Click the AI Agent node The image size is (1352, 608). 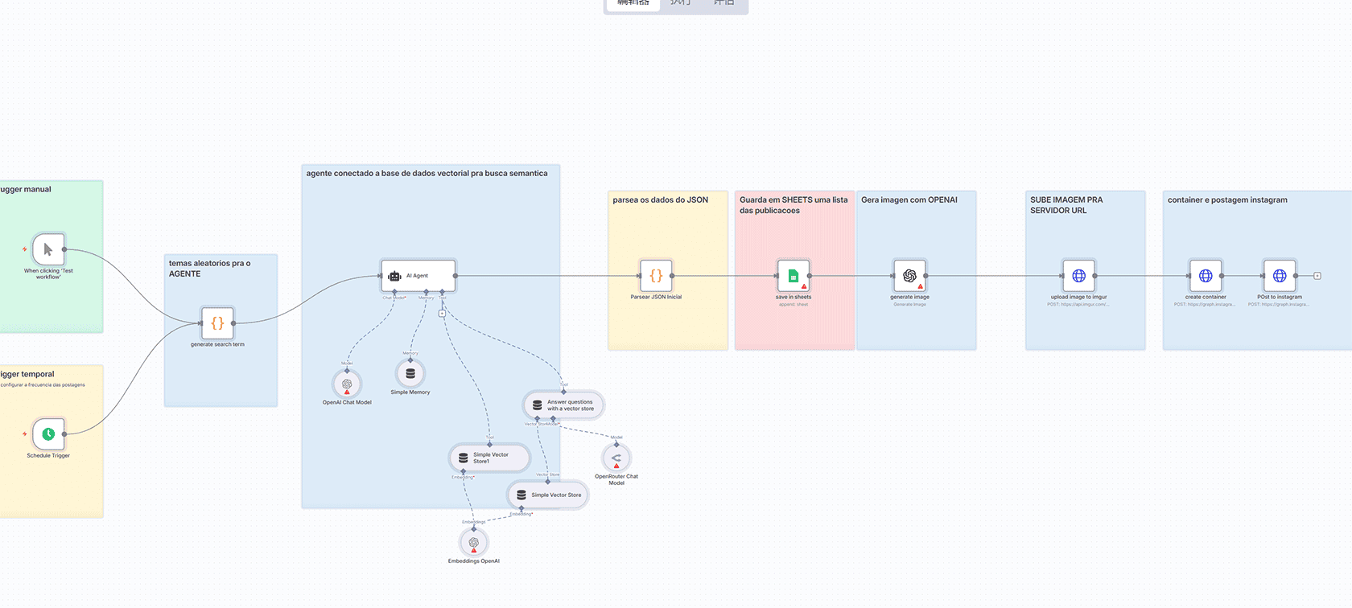[x=418, y=276]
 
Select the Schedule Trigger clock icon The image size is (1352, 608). [x=48, y=434]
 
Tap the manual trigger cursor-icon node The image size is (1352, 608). [x=48, y=249]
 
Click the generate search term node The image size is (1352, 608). [x=217, y=323]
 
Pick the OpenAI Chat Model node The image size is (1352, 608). [x=347, y=384]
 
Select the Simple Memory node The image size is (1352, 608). [x=410, y=373]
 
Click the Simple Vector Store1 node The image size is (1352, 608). [x=489, y=458]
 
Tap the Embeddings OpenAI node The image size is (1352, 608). [x=474, y=543]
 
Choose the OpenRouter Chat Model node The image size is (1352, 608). [x=616, y=458]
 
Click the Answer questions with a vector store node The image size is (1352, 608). [x=563, y=405]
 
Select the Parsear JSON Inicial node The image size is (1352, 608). [x=656, y=276]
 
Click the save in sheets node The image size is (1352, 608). [x=793, y=276]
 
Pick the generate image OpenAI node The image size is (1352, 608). [x=909, y=276]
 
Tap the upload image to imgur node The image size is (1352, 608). [x=1079, y=276]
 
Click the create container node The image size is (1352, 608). [x=1206, y=276]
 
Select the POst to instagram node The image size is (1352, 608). [x=1280, y=276]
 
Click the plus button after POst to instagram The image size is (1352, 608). [x=1317, y=276]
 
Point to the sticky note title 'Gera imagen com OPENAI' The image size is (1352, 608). [x=909, y=200]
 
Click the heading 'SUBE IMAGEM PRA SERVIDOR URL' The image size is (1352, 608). [x=1066, y=205]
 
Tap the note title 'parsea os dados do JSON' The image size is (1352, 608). [x=661, y=200]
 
